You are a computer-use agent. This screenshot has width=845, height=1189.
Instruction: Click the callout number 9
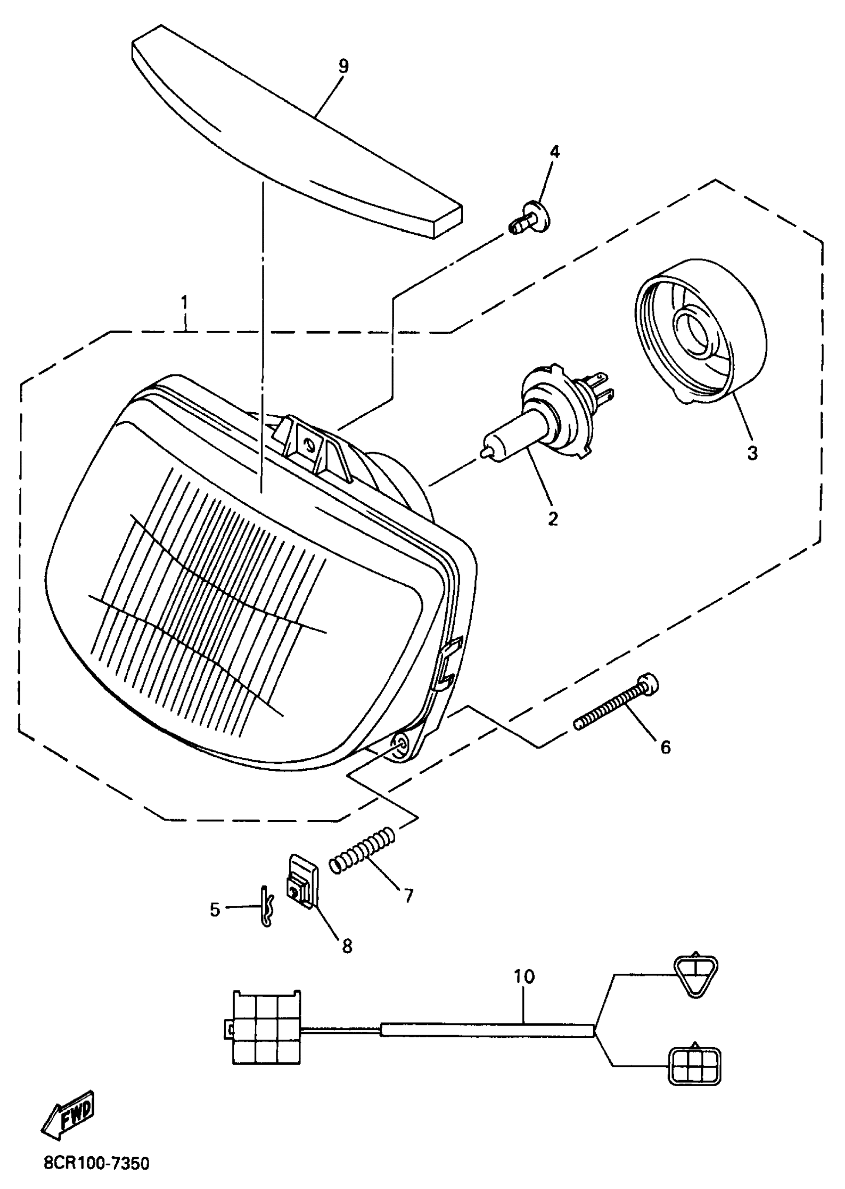[343, 67]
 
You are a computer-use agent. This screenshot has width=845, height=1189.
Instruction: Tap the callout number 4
[555, 152]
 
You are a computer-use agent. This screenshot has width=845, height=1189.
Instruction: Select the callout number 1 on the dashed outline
[184, 303]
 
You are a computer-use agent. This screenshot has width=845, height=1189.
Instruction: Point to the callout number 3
[753, 453]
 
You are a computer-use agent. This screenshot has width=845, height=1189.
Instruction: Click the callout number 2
[553, 519]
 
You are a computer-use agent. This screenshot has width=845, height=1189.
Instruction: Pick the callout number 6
[666, 748]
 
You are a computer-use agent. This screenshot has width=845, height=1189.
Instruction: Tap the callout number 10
[524, 976]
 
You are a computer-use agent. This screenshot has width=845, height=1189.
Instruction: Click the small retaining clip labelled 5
[266, 907]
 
